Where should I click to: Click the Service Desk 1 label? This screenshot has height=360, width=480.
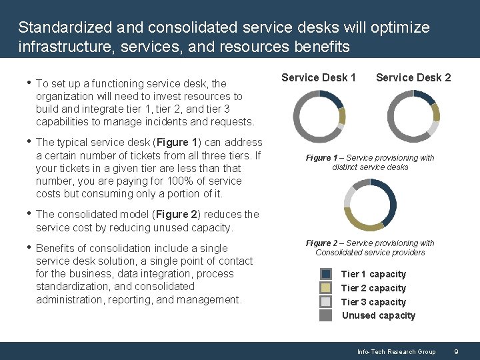point(318,77)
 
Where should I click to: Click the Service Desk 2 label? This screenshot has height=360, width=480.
point(413,77)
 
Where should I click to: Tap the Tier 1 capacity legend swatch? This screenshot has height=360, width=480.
point(325,274)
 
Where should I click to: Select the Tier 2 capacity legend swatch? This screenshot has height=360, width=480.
point(325,288)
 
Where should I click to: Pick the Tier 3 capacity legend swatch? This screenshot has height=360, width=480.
point(325,302)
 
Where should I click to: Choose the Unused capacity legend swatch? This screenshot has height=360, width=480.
point(325,315)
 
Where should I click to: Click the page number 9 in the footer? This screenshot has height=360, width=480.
point(456,351)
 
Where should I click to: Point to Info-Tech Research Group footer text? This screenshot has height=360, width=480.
point(396,351)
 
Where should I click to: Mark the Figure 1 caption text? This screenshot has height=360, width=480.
point(370,162)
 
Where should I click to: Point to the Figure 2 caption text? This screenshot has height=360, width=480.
point(370,247)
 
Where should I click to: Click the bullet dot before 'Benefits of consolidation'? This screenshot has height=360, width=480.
point(27,248)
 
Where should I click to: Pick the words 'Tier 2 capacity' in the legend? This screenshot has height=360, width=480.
point(373,288)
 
